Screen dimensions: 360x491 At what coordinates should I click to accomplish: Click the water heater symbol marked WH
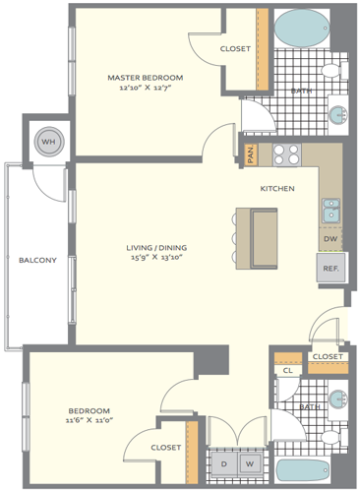click(x=49, y=142)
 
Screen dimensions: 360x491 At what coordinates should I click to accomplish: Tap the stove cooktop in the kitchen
click(x=287, y=154)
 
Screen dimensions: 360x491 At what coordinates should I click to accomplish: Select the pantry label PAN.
click(x=251, y=154)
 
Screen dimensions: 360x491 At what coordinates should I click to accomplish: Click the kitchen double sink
click(x=330, y=211)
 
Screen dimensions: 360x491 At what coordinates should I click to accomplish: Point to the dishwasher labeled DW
click(x=330, y=239)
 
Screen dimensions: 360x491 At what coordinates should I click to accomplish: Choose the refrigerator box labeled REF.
click(x=330, y=268)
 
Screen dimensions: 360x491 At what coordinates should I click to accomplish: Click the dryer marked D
click(x=224, y=463)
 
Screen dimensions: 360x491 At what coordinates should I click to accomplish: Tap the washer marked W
click(x=250, y=463)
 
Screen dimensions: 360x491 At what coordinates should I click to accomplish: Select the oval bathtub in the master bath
click(x=302, y=29)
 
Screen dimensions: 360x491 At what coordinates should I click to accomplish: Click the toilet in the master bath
click(x=334, y=70)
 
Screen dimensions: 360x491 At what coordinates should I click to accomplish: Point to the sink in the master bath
click(x=338, y=115)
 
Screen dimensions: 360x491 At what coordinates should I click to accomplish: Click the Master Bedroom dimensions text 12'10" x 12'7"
click(x=146, y=88)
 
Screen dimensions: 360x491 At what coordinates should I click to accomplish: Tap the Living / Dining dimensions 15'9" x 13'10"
click(x=156, y=257)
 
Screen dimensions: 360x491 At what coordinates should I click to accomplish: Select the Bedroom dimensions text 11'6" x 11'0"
click(x=90, y=420)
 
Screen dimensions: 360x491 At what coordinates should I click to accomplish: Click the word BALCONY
click(x=37, y=261)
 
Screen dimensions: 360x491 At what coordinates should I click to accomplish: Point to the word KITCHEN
click(x=277, y=189)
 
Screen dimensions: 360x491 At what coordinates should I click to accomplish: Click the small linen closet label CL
click(x=287, y=371)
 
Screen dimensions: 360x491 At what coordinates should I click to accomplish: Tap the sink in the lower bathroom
click(x=338, y=399)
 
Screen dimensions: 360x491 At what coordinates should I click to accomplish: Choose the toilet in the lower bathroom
click(x=334, y=437)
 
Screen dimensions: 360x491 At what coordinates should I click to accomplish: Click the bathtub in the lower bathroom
click(x=302, y=470)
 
